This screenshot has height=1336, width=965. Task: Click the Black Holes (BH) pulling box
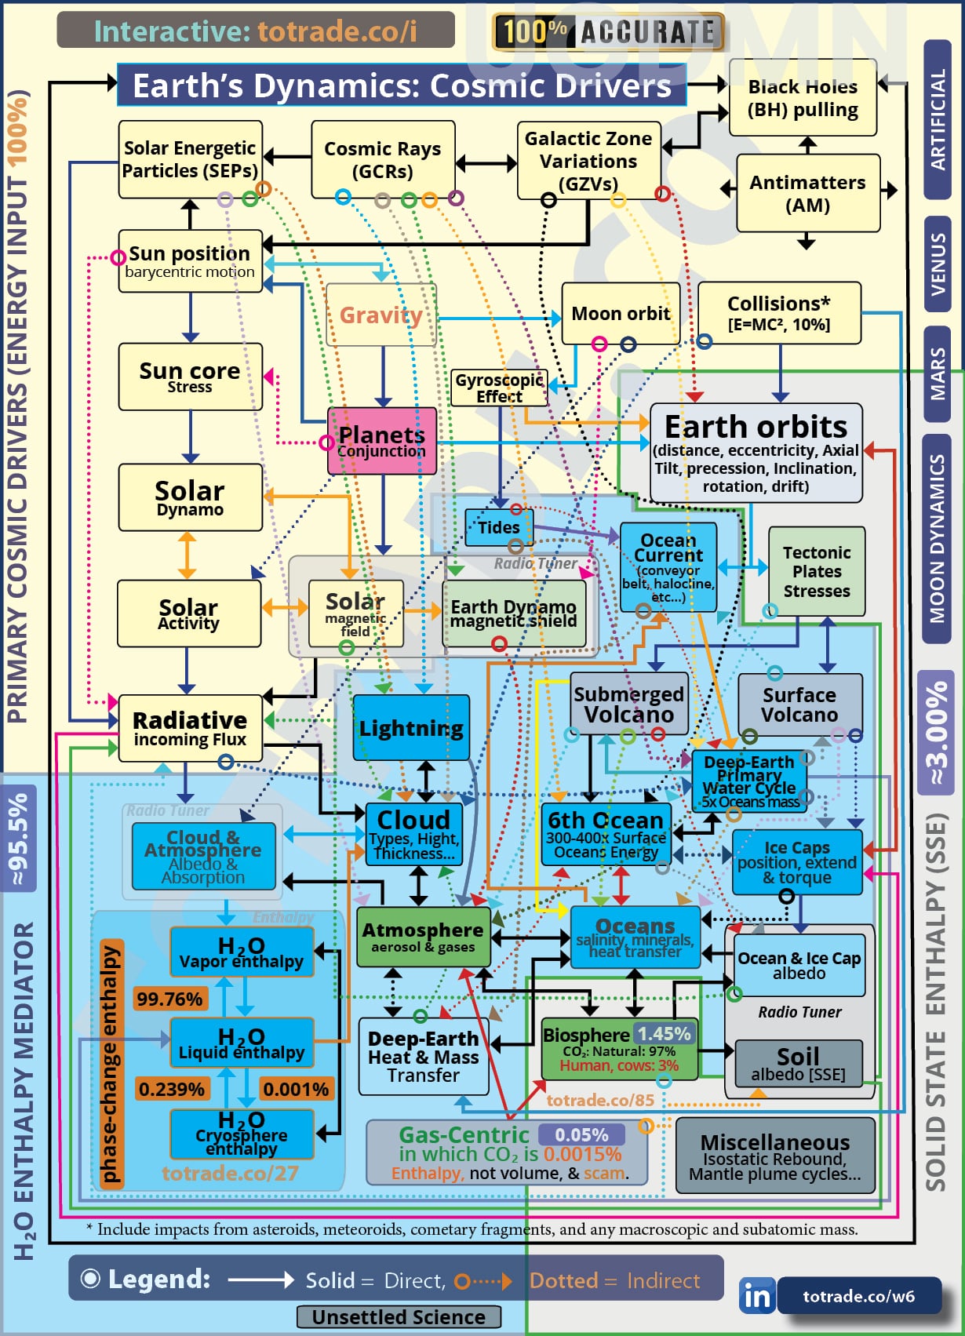(803, 98)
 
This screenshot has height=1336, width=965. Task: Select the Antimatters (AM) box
(807, 194)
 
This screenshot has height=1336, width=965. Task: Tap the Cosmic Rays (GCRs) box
(383, 160)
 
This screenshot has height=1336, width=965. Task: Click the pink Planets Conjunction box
(382, 441)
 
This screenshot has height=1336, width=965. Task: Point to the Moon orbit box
(621, 314)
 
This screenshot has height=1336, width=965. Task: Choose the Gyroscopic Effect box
(499, 388)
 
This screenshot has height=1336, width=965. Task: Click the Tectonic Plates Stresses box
(816, 571)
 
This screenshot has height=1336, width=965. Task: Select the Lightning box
(411, 728)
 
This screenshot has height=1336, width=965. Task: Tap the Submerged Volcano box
(628, 704)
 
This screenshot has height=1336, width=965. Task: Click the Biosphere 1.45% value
(664, 1034)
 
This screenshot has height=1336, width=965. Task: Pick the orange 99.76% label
(170, 999)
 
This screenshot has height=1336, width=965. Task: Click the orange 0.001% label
(296, 1089)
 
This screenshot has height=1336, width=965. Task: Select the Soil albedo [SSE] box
(798, 1063)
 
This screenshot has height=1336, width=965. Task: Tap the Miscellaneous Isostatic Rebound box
(775, 1156)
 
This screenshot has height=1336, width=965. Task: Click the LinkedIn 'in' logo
(756, 1296)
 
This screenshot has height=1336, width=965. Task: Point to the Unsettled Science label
(399, 1317)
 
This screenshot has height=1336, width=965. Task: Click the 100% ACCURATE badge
(609, 32)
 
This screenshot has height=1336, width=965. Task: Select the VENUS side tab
(938, 264)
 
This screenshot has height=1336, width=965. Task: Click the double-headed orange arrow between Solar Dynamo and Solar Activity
(187, 555)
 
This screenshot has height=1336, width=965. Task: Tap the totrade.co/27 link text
(231, 1173)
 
